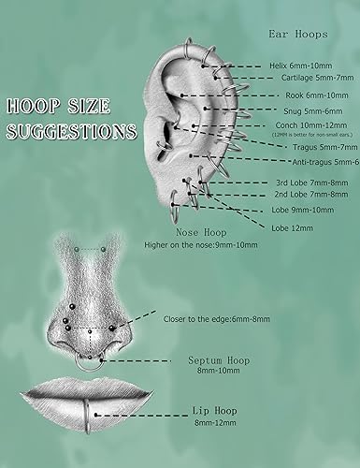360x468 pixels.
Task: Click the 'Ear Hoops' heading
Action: point(297,35)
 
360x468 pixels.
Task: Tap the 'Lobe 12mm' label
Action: point(292,227)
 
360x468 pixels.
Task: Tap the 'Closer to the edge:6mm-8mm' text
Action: point(218,319)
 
